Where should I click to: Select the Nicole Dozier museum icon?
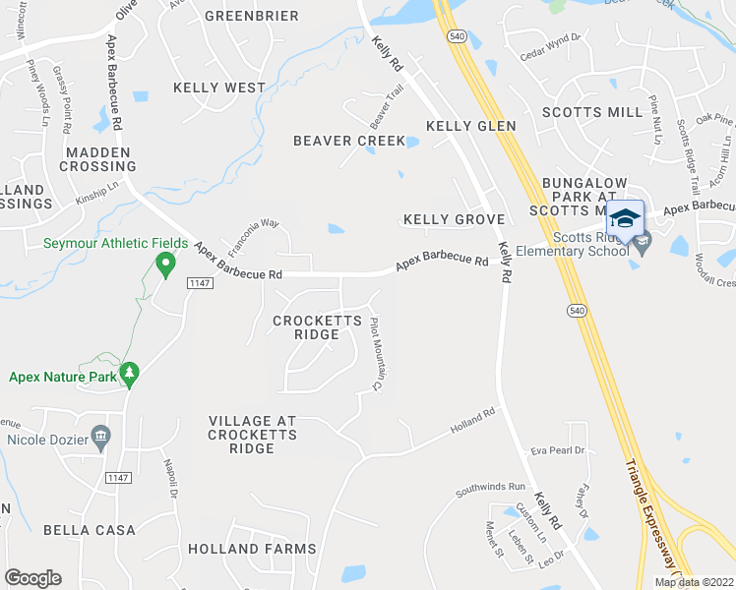[x=99, y=434]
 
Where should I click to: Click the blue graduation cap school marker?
[x=626, y=217]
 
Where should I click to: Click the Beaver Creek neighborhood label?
[x=349, y=141]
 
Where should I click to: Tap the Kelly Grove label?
[x=454, y=219]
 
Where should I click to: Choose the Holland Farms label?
[x=252, y=549]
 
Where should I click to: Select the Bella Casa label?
[x=89, y=530]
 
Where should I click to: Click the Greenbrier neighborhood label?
[x=251, y=16]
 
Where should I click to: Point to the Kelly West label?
[x=219, y=88]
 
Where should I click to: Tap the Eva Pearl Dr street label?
[x=558, y=450]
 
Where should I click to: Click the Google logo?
[x=33, y=578]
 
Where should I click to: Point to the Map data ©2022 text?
[x=693, y=582]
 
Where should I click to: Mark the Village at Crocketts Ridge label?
[x=252, y=435]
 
